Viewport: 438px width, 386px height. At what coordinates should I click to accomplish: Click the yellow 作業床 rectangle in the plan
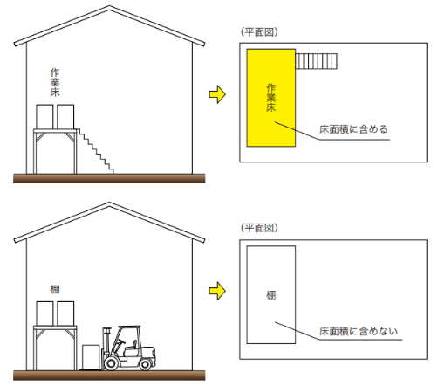(271, 98)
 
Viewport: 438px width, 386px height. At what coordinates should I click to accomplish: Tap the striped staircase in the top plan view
(317, 61)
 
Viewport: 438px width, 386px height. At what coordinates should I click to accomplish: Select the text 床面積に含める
(353, 129)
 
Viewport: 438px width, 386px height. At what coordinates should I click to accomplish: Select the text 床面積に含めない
(359, 331)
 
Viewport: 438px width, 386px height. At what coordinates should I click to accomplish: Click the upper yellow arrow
(217, 94)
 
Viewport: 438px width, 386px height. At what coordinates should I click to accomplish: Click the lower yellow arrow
(217, 291)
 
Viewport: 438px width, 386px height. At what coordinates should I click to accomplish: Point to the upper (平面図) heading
(259, 32)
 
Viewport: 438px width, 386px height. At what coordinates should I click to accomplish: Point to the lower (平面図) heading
(259, 228)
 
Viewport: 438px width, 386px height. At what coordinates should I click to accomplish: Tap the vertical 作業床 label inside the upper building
(55, 82)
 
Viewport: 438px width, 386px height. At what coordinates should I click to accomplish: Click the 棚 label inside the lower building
(55, 289)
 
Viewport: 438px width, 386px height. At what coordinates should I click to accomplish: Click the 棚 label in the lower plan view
(271, 295)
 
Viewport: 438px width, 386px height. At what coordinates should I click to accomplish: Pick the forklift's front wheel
(111, 363)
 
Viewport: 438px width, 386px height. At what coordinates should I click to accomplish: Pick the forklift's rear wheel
(145, 364)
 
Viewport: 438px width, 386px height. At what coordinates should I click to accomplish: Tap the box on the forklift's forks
(91, 357)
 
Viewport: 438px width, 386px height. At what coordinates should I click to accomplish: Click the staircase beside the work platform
(95, 151)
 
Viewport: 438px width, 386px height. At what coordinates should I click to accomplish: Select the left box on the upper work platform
(44, 117)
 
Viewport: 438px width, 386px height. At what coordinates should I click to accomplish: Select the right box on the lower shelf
(65, 314)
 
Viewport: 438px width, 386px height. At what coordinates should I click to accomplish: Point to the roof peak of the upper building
(109, 6)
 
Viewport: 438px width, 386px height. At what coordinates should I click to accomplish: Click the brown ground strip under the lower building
(109, 375)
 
